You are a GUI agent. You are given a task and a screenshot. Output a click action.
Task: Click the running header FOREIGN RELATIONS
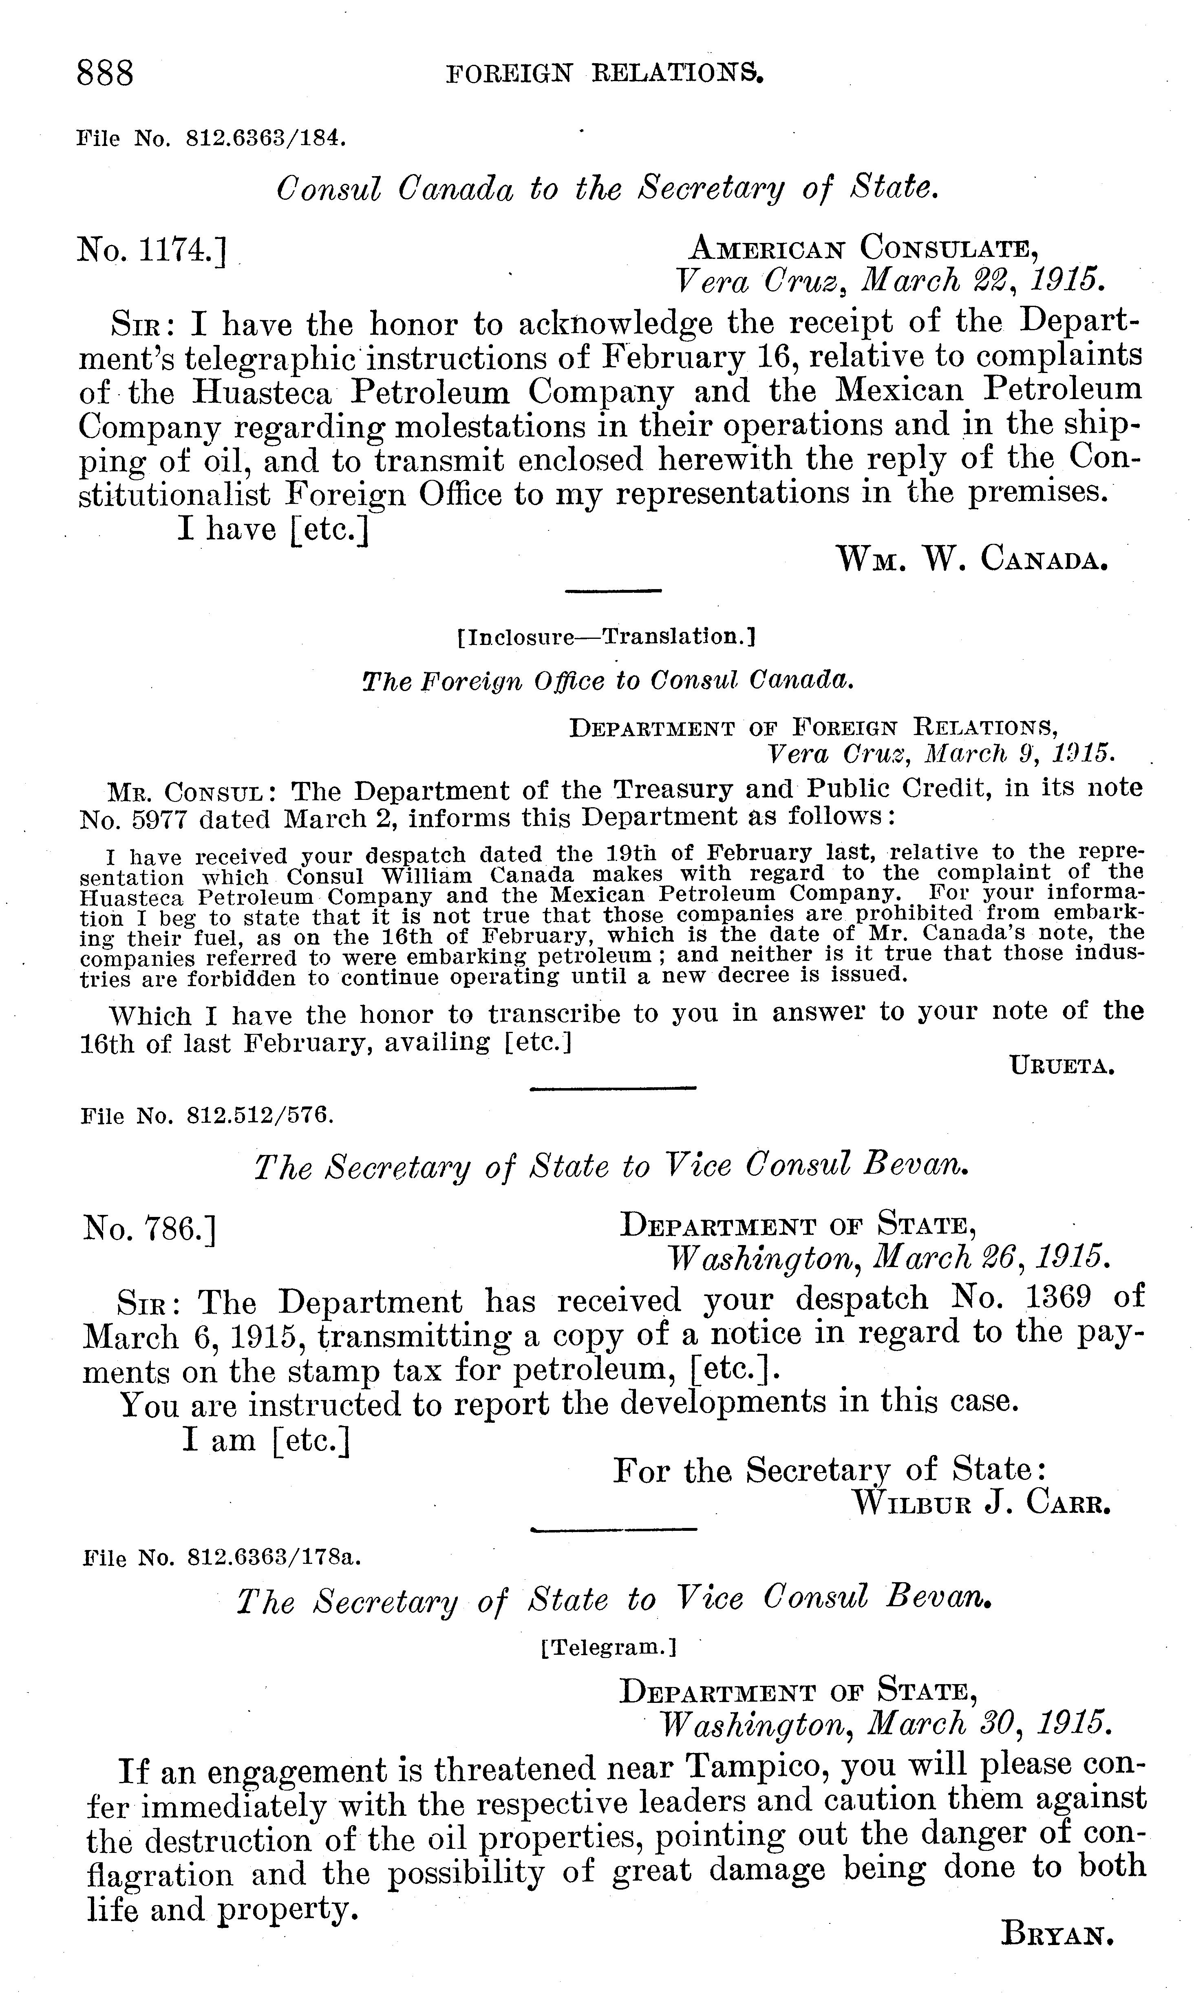[x=603, y=75]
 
